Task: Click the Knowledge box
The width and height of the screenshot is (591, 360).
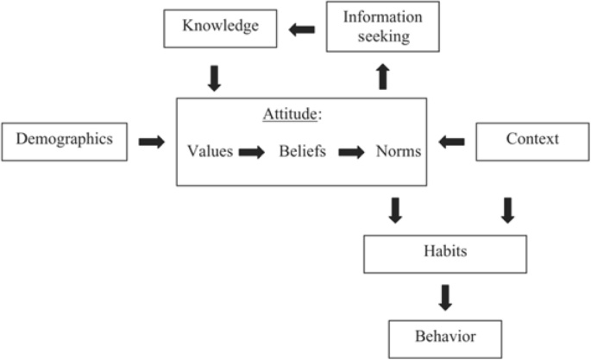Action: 220,28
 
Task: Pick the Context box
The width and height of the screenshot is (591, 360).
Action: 532,140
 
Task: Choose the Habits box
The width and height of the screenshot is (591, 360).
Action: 446,253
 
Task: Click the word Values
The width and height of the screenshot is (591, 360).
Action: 211,152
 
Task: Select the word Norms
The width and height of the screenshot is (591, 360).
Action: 398,152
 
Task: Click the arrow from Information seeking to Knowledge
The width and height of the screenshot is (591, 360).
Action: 302,30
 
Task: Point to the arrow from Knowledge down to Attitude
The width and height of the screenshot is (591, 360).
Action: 215,79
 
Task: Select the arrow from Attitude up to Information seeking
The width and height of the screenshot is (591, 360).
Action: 383,77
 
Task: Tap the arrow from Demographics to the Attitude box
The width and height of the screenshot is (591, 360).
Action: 152,142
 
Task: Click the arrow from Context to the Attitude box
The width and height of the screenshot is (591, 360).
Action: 451,142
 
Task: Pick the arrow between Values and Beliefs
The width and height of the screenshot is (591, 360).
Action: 252,153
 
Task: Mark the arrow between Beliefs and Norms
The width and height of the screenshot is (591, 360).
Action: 352,153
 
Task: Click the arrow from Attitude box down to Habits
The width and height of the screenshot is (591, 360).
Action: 395,210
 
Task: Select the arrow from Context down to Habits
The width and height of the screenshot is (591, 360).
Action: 507,210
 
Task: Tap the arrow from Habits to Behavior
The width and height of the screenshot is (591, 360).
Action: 445,297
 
